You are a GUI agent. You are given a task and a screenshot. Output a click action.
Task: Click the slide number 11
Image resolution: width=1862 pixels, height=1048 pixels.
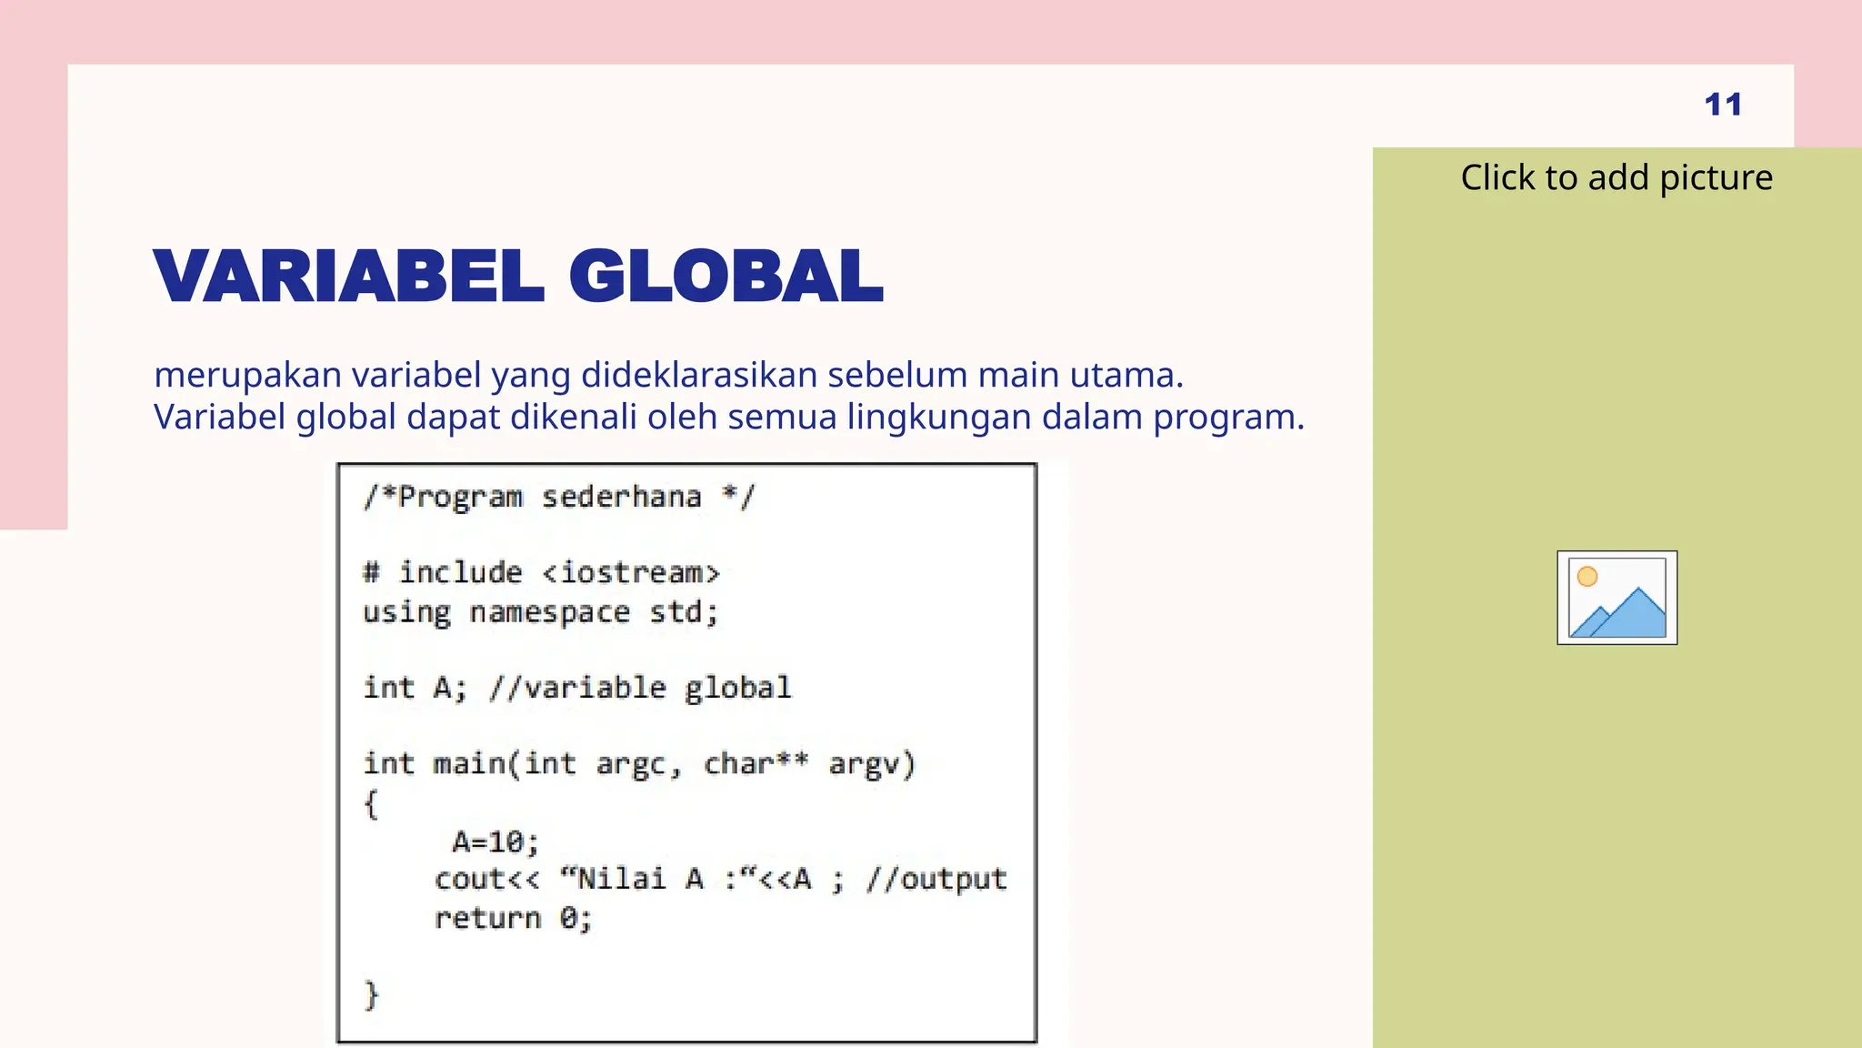[1723, 105]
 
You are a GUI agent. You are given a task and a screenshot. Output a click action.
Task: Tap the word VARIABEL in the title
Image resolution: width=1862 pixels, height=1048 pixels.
[349, 277]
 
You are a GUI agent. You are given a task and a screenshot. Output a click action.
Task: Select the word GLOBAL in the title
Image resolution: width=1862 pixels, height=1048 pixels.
[726, 277]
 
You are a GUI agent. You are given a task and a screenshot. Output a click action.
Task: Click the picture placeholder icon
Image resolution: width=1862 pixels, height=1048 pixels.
[1617, 598]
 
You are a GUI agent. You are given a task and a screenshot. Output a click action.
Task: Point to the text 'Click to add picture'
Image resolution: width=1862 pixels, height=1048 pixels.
[1617, 177]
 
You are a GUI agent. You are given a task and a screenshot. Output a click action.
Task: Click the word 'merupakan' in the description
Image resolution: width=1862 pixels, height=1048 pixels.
[247, 376]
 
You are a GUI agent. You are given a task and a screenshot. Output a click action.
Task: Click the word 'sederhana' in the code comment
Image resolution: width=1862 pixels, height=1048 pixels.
[622, 497]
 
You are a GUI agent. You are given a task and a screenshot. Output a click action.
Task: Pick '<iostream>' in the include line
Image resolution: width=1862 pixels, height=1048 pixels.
[631, 573]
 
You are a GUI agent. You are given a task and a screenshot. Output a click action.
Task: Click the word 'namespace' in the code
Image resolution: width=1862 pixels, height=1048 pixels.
[549, 612]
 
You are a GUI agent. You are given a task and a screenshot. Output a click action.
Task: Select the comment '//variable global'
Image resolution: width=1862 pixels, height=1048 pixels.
[640, 688]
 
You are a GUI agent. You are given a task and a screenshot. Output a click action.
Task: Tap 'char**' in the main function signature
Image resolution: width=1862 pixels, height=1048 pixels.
[756, 763]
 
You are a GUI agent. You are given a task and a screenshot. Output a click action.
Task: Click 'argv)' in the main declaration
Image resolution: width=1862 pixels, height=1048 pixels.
[871, 764]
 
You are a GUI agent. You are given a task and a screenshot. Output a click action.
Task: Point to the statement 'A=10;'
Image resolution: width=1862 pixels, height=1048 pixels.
[496, 841]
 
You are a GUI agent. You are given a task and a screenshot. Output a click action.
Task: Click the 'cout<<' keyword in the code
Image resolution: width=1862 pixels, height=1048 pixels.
[486, 879]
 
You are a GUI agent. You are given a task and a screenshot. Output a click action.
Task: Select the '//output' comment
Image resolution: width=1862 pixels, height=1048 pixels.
[936, 879]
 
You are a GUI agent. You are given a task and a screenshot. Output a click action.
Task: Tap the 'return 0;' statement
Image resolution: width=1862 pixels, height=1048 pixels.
[513, 918]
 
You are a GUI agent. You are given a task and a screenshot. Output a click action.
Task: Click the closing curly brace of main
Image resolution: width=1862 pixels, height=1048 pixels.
[371, 994]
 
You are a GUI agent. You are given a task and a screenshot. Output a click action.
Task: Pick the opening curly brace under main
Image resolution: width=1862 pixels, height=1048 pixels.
[371, 803]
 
